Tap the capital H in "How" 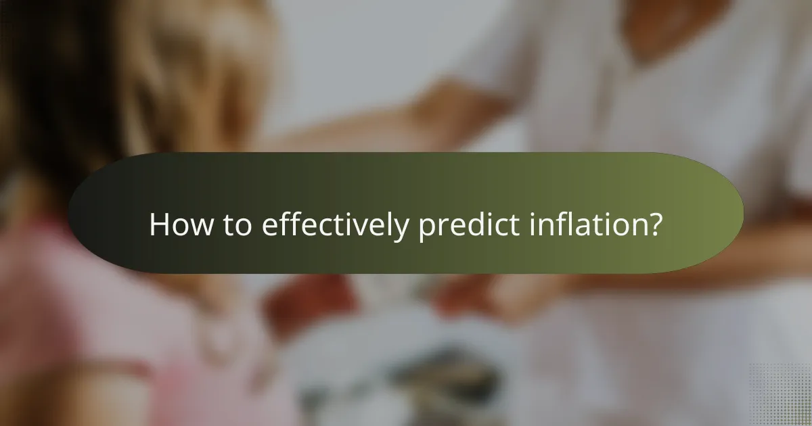157,224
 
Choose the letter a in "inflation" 585,227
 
